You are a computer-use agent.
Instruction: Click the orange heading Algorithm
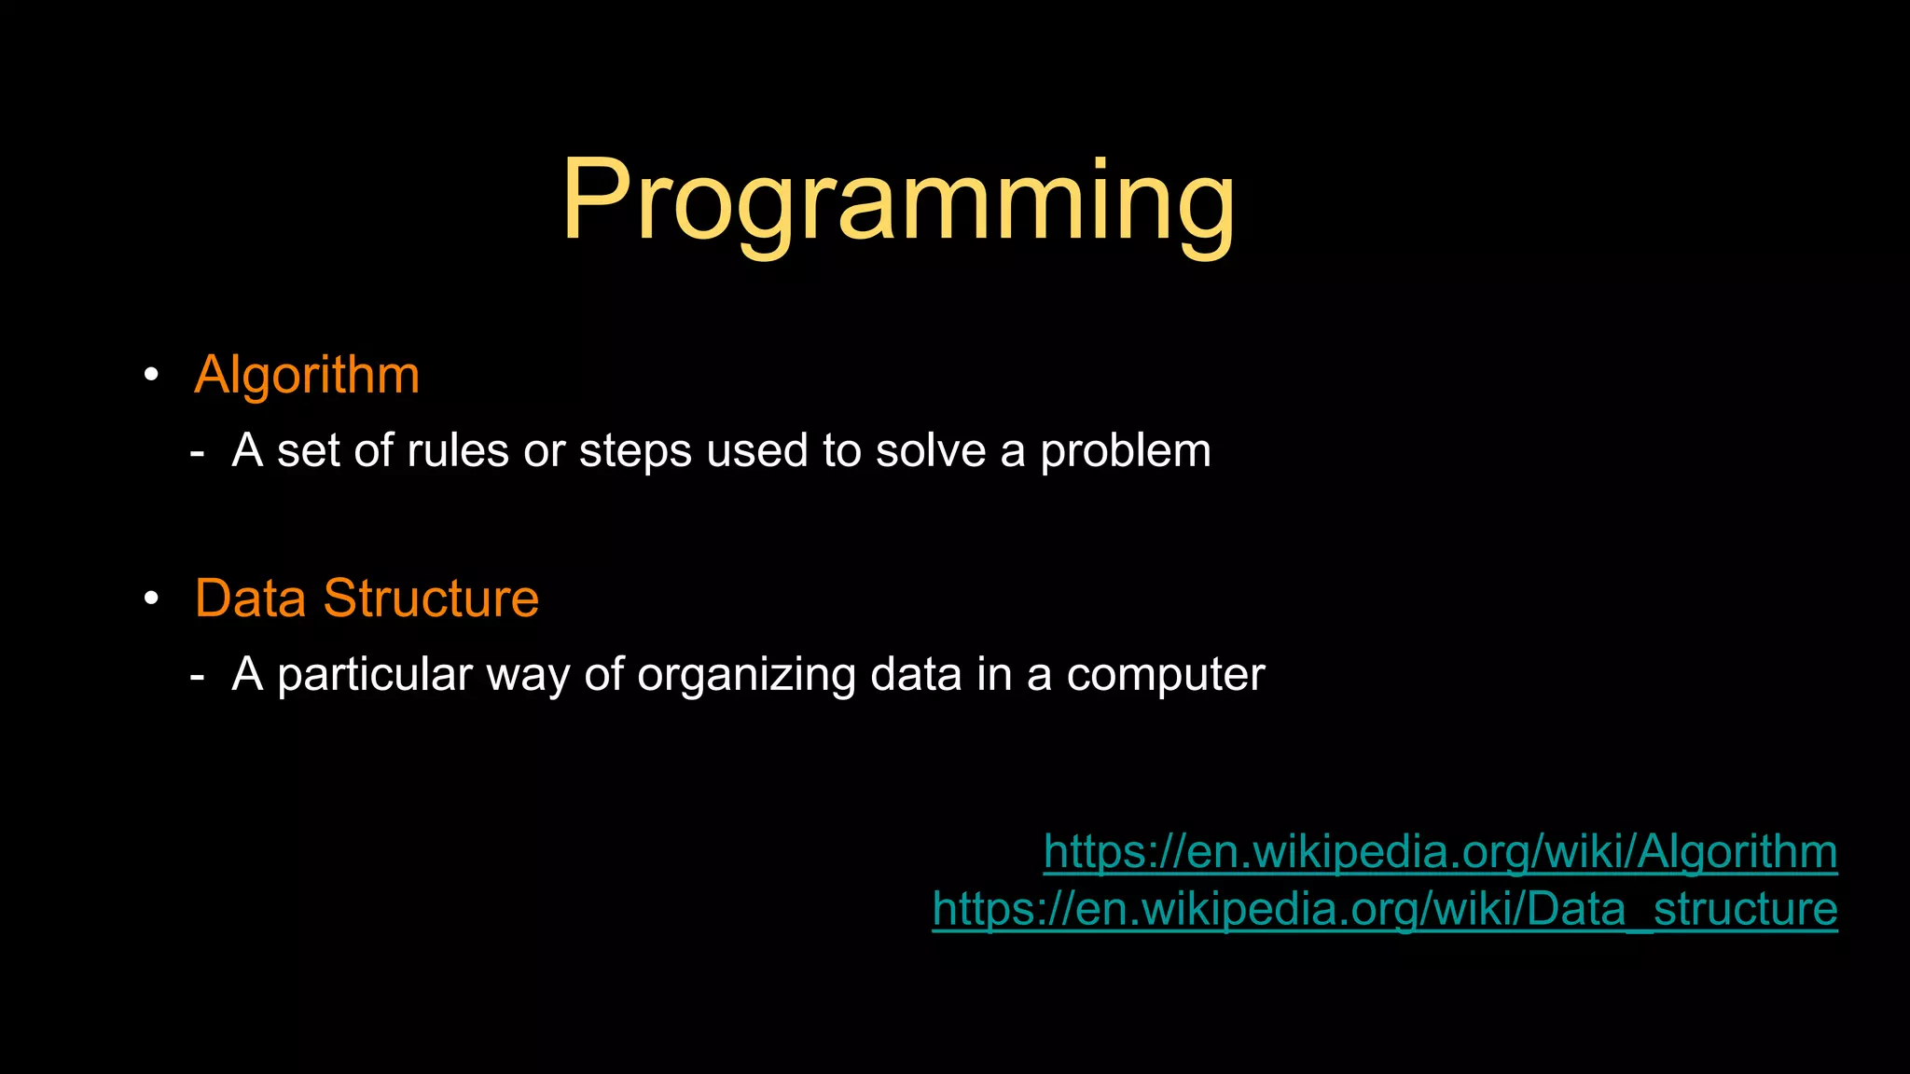pos(307,376)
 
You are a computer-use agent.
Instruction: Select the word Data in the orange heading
pos(250,599)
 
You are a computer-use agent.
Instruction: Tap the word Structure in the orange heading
pos(431,599)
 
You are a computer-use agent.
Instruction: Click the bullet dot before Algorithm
pos(151,376)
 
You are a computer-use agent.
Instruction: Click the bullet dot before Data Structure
pos(151,599)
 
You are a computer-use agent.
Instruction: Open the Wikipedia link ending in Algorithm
pos(1440,852)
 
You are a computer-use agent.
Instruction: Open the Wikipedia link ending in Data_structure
pos(1384,909)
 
